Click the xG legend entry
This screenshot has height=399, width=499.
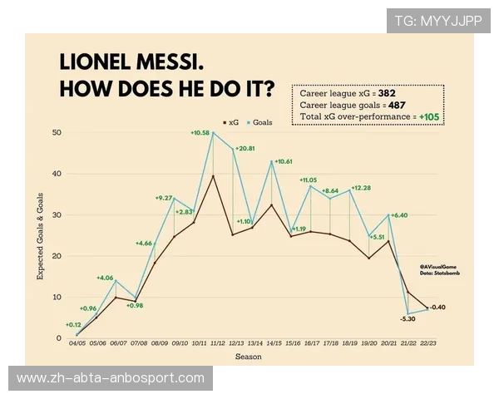pyautogui.click(x=233, y=122)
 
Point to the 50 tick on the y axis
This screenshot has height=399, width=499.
pyautogui.click(x=57, y=133)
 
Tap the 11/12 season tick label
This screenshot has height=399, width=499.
pyautogui.click(x=218, y=342)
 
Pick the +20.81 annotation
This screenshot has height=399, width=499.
pyautogui.click(x=245, y=148)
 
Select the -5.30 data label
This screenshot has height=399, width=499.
pyautogui.click(x=408, y=318)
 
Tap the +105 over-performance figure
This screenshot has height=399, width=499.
pyautogui.click(x=430, y=118)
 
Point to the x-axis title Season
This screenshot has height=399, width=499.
pyautogui.click(x=247, y=357)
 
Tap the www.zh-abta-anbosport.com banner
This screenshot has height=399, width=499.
pyautogui.click(x=110, y=378)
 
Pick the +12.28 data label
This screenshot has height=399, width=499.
pyautogui.click(x=361, y=188)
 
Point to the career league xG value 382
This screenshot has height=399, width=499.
pyautogui.click(x=387, y=93)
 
